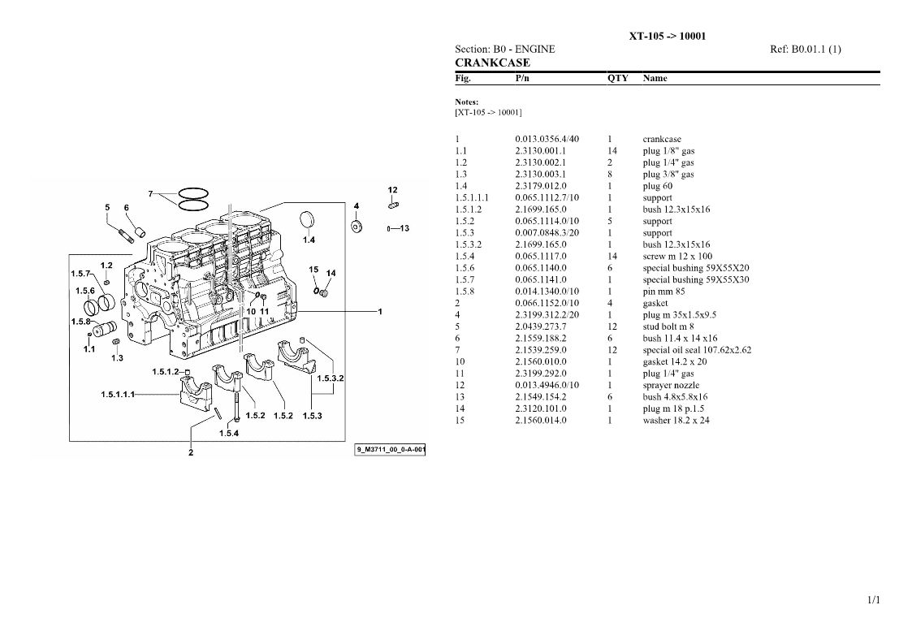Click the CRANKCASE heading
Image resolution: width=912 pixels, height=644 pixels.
pos(492,63)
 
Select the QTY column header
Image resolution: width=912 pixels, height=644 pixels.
pos(618,78)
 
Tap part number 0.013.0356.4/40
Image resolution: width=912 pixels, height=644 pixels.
pos(547,139)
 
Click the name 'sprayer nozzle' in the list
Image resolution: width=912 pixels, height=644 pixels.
pos(671,385)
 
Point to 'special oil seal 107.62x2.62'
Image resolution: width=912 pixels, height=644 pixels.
pos(697,350)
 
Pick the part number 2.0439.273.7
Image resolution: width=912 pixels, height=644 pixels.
pos(540,326)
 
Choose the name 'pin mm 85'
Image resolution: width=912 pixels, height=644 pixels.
pos(663,292)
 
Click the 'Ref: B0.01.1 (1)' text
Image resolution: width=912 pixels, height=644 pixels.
pos(806,50)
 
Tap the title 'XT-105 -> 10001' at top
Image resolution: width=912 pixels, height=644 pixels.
pos(667,36)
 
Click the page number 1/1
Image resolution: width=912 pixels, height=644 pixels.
pos(874,600)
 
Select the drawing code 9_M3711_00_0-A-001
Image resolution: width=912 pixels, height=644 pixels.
pos(391,449)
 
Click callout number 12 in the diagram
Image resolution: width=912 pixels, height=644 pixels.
pos(392,190)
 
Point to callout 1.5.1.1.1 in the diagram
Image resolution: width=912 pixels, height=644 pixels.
pos(118,395)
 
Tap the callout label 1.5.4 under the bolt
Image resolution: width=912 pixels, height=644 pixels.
pos(228,433)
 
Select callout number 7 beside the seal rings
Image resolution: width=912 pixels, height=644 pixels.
pos(150,194)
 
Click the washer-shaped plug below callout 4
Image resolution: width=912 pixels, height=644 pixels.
pos(357,226)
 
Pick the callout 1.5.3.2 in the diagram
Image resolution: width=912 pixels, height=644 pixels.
pos(330,378)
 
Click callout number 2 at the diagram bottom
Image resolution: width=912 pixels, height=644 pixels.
pos(191,452)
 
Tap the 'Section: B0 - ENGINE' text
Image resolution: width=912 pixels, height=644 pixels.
pos(505,50)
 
